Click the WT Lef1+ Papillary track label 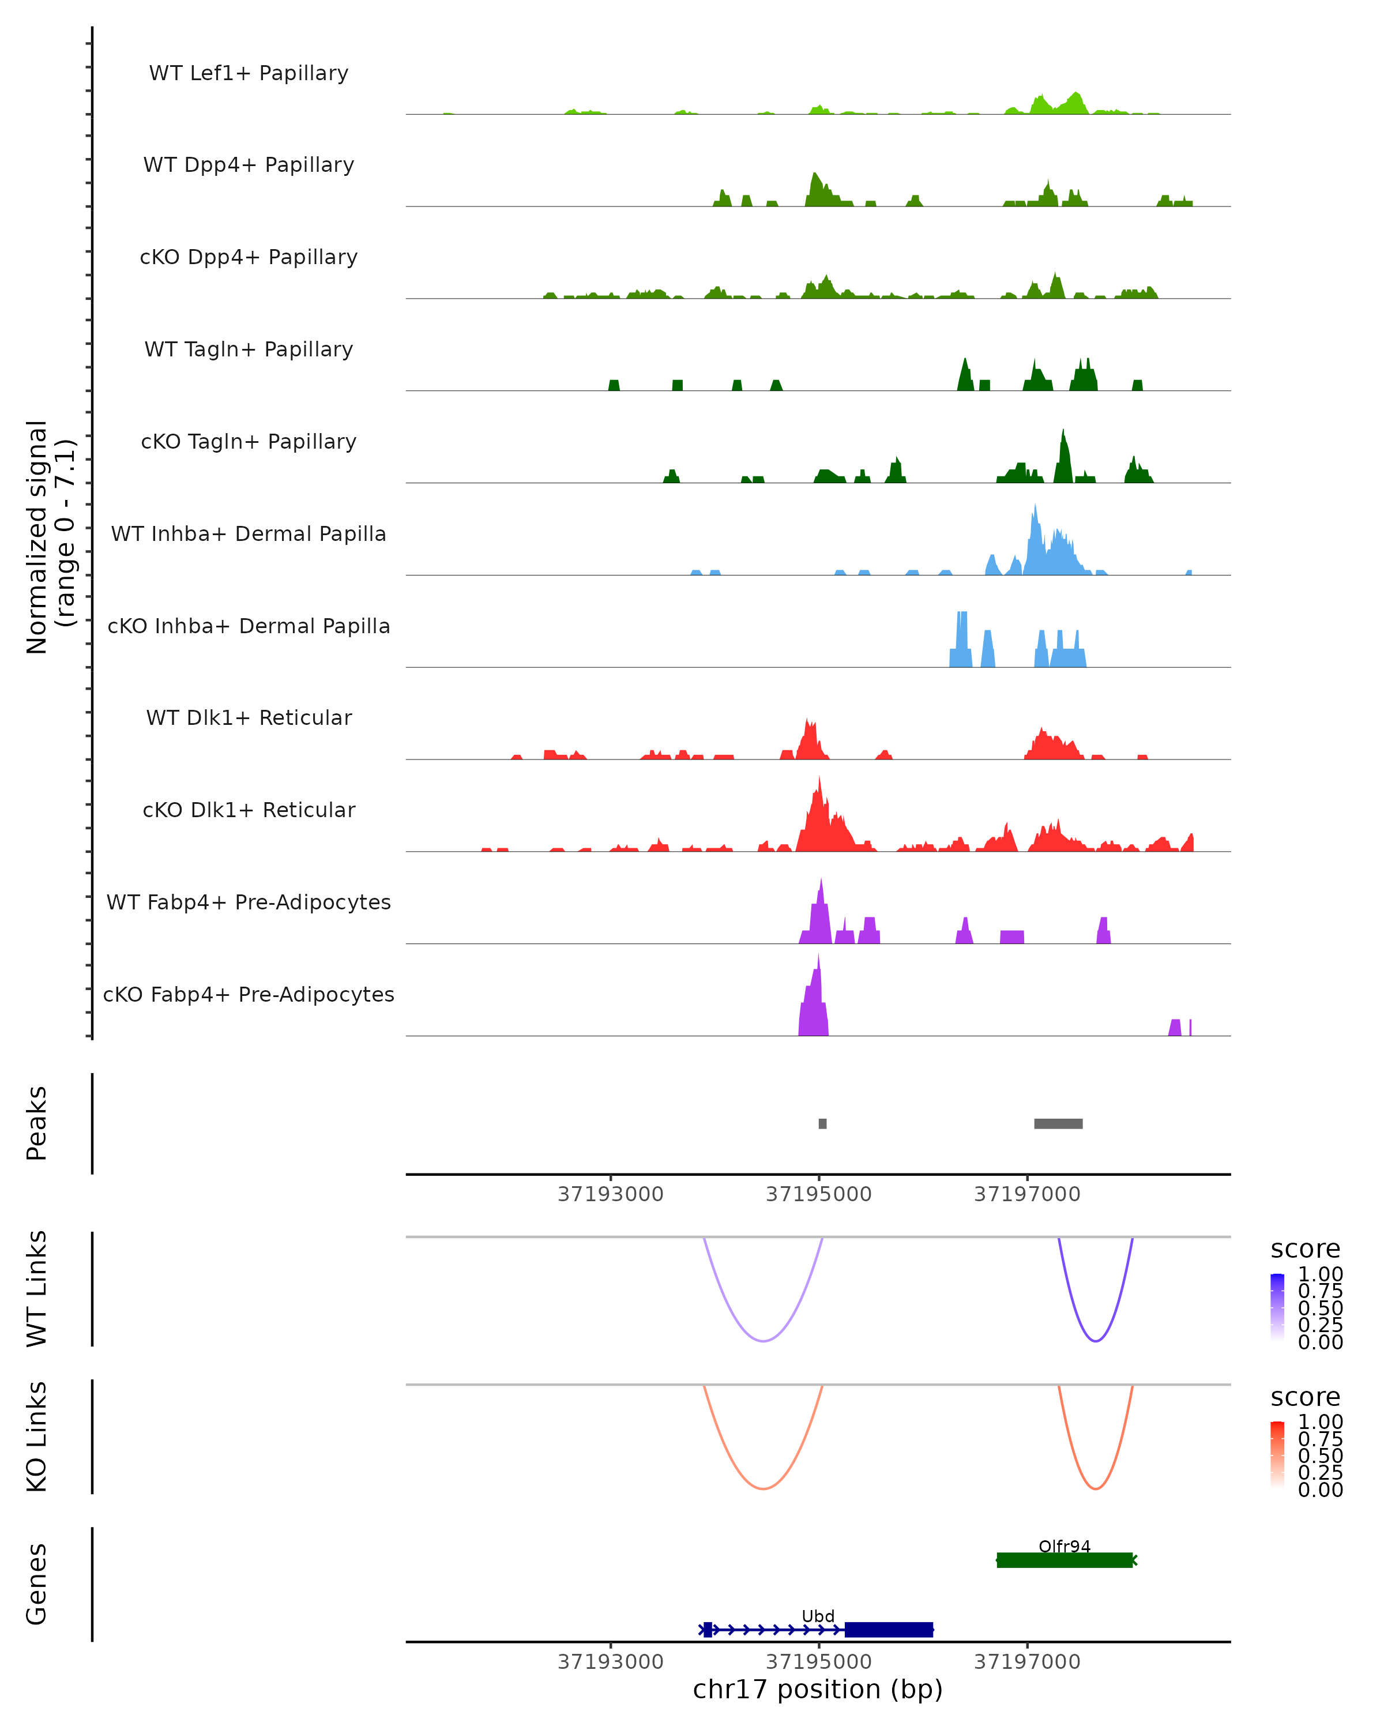point(249,73)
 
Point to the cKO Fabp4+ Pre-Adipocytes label point(249,994)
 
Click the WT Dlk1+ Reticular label point(249,717)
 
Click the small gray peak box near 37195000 point(822,1123)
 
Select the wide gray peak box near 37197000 point(1058,1123)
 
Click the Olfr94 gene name point(1064,1546)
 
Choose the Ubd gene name point(818,1616)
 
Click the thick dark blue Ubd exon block point(889,1630)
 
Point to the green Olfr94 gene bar point(1064,1560)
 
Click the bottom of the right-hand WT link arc point(1095,1341)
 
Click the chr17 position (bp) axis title point(818,1690)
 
